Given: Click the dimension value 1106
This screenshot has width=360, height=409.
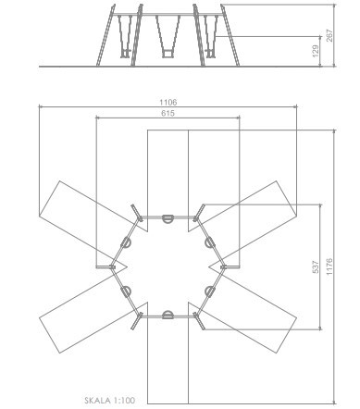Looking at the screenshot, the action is click(168, 102).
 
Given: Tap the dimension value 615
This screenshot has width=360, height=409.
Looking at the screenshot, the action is click(168, 113).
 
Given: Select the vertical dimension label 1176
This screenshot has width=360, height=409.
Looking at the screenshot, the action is click(329, 267).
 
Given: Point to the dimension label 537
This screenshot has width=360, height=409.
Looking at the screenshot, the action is click(316, 267).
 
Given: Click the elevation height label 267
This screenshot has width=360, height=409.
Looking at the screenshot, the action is click(329, 36).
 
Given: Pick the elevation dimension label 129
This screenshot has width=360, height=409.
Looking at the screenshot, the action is click(316, 51).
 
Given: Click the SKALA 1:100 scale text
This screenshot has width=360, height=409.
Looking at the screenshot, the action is click(110, 401).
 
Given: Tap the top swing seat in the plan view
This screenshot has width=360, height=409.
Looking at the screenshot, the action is click(168, 218).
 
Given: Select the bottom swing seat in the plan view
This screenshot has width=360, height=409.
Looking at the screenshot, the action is click(168, 315).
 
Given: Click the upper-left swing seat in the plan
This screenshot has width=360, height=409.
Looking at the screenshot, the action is click(126, 242).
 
